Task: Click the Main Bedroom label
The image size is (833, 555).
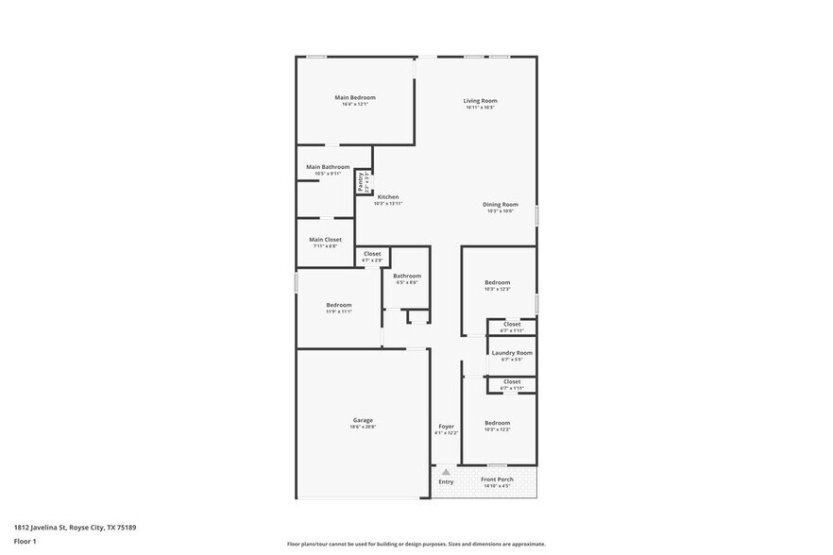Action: point(355,97)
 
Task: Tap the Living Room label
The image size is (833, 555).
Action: point(480,101)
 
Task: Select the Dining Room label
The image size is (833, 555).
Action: point(501,205)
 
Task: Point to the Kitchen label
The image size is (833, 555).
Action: point(388,197)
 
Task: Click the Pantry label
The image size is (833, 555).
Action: point(361,181)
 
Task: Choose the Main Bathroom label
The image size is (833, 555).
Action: point(328,167)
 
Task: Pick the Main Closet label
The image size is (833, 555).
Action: point(325,240)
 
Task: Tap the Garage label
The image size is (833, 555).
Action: point(363,420)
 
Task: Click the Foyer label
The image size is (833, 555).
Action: point(446,427)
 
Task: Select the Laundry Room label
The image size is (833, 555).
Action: point(512,353)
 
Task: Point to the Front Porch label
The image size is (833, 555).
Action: point(497,479)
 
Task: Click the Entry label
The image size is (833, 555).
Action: point(446,482)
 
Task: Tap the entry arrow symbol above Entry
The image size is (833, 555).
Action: point(446,471)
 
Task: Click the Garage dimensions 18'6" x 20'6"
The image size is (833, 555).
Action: point(363,427)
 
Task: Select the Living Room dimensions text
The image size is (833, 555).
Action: point(480,108)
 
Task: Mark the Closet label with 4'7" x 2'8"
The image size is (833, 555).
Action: point(372,253)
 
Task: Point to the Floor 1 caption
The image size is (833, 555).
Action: point(25,541)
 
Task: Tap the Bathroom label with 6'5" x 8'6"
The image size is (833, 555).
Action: point(407,276)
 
